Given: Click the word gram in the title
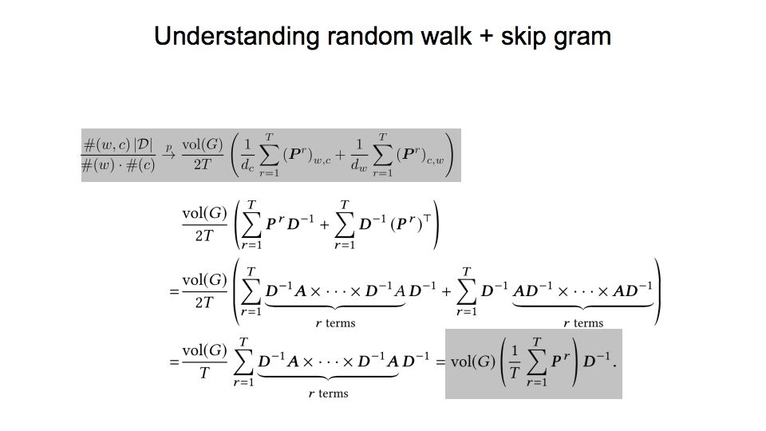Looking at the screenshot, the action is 583,37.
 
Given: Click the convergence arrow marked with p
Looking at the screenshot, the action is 170,148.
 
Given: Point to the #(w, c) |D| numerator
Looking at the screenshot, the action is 120,143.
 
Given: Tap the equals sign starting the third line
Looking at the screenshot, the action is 172,292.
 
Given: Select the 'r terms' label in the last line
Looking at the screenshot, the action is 329,393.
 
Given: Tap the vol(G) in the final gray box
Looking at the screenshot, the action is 472,362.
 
